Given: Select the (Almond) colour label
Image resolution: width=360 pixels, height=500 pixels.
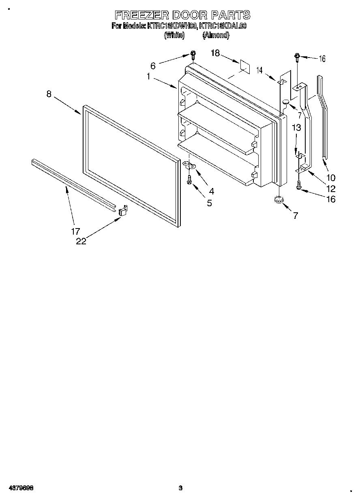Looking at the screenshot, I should coord(216,35).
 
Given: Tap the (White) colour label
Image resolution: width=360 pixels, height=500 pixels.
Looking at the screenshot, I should coord(174,35).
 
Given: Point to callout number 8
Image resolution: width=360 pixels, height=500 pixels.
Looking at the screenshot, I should coord(49,94).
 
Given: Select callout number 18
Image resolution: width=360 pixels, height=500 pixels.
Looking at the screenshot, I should coord(215,53).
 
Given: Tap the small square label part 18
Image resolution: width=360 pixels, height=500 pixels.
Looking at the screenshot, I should coord(244,66).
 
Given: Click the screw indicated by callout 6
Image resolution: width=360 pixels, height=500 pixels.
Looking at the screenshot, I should coord(193,55).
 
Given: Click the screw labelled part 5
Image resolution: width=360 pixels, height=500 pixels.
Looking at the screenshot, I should coord(189,180).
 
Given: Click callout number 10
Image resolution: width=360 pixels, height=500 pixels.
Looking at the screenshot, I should coord(330,177).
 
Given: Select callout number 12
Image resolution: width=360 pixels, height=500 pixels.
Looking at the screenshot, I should coord(330,188).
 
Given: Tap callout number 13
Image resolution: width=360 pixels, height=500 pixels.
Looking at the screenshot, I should coord(296,128).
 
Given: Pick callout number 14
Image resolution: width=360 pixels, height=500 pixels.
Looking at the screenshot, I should coord(259,70).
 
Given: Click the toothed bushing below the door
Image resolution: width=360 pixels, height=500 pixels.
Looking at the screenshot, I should coord(278,200).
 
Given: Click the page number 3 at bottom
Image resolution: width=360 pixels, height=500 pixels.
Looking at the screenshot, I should coord(181,488).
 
